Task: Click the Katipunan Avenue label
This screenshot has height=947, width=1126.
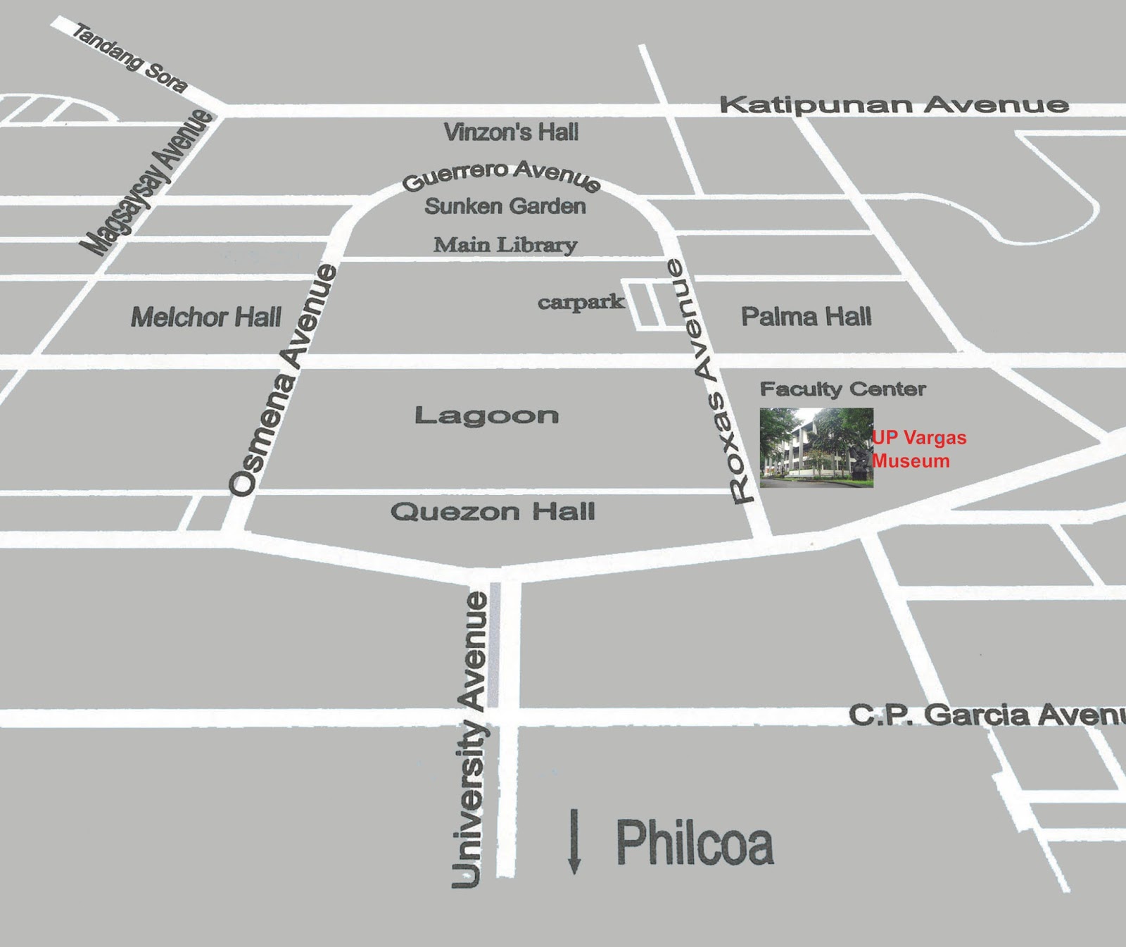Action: pos(894,105)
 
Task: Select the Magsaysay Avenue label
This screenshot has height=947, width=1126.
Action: pos(146,182)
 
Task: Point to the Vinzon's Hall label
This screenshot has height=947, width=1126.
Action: pos(511,132)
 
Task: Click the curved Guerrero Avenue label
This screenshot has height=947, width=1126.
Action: pos(501,174)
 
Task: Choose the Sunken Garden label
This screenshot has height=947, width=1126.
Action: pos(505,206)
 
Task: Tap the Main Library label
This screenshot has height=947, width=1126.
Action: pos(505,245)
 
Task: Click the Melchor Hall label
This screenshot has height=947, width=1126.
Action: pos(206,317)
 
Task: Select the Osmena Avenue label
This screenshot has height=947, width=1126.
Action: pos(283,380)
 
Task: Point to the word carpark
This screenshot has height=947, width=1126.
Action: pos(581,302)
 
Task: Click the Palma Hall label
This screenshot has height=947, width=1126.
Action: pos(806,316)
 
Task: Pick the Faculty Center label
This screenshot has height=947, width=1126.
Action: pos(842,389)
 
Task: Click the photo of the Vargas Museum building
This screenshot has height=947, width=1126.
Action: pos(816,448)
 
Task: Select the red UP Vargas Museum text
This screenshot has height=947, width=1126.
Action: pos(918,449)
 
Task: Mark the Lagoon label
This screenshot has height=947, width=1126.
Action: pos(486,415)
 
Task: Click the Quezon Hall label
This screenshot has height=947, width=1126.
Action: pos(493,511)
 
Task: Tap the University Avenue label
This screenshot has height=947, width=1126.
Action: pos(470,739)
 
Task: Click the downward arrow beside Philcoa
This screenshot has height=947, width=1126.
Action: pos(574,841)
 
